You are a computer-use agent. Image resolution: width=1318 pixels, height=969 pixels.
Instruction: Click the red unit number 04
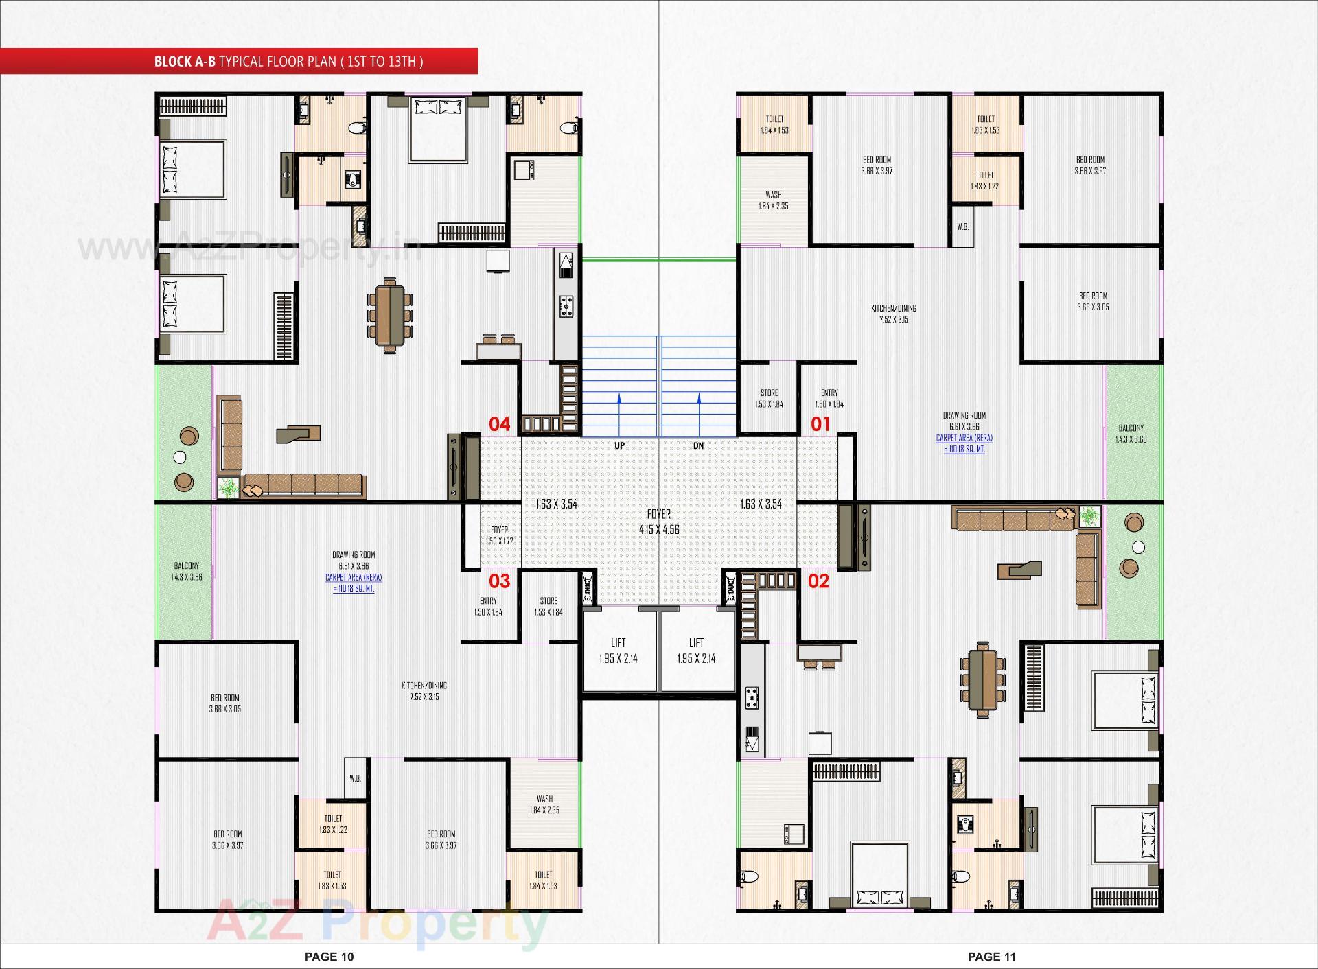[x=499, y=424]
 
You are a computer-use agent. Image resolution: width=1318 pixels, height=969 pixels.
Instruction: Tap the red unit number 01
[x=820, y=424]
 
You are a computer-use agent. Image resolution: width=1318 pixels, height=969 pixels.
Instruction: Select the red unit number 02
[x=818, y=581]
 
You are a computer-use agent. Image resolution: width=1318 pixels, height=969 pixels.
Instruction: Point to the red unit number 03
[x=499, y=581]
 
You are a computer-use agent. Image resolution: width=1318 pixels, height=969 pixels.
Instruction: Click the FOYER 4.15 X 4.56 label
[x=659, y=522]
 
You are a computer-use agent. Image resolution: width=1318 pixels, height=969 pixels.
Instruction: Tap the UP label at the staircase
[x=619, y=445]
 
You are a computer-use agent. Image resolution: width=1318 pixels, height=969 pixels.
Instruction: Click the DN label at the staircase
[x=698, y=445]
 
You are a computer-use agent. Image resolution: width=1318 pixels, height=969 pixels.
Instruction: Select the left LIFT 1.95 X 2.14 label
[x=618, y=651]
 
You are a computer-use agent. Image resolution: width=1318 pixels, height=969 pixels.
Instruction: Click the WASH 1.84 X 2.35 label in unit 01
[x=773, y=200]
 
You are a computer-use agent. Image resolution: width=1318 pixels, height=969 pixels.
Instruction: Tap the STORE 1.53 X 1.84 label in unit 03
[x=548, y=606]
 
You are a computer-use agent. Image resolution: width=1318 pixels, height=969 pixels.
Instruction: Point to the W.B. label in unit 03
[x=355, y=778]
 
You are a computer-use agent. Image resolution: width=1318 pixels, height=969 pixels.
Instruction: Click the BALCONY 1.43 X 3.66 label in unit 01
[x=1131, y=433]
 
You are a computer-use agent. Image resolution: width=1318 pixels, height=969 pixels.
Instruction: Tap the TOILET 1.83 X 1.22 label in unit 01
[x=984, y=180]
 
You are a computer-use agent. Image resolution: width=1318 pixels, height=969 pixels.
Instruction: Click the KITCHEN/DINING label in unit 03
[x=424, y=690]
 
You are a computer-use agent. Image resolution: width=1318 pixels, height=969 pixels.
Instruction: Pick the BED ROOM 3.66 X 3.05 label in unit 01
[x=1093, y=301]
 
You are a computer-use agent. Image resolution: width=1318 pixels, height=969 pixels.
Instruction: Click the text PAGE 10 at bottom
[x=329, y=957]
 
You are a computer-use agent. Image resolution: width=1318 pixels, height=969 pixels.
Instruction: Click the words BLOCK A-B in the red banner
[x=185, y=62]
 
